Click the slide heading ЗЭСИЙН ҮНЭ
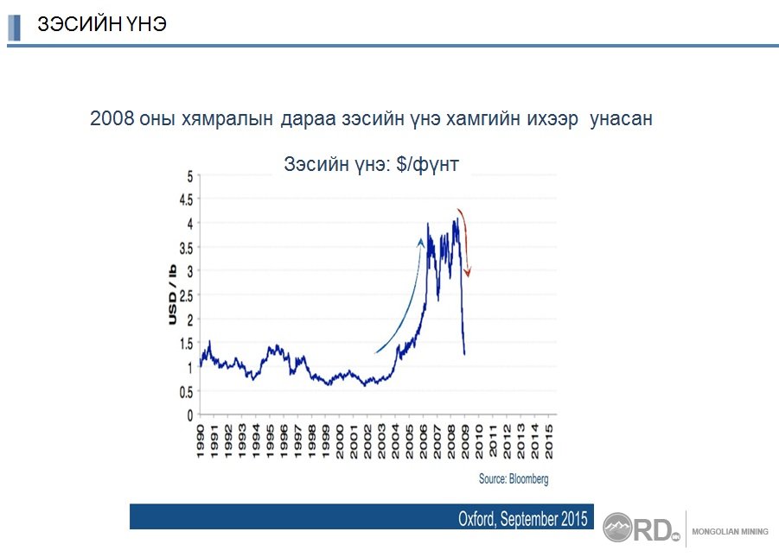click(x=102, y=24)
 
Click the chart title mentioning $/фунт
click(x=371, y=164)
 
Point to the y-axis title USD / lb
click(x=172, y=294)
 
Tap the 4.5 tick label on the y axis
click(x=186, y=199)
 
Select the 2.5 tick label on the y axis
click(x=186, y=296)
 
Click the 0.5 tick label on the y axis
click(x=186, y=392)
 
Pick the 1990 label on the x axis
click(x=201, y=440)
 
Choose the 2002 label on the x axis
click(x=367, y=440)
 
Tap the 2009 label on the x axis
click(x=465, y=440)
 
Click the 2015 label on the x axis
click(x=548, y=440)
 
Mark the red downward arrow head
click(x=467, y=272)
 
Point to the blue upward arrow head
click(x=421, y=242)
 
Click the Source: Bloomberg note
click(x=514, y=479)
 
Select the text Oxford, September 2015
click(x=522, y=519)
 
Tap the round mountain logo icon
click(x=617, y=528)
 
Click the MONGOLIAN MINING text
click(x=730, y=532)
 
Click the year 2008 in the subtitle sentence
click(x=112, y=118)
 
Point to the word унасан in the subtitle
click(x=621, y=119)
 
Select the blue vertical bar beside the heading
click(x=15, y=28)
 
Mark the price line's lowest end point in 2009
click(x=464, y=354)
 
